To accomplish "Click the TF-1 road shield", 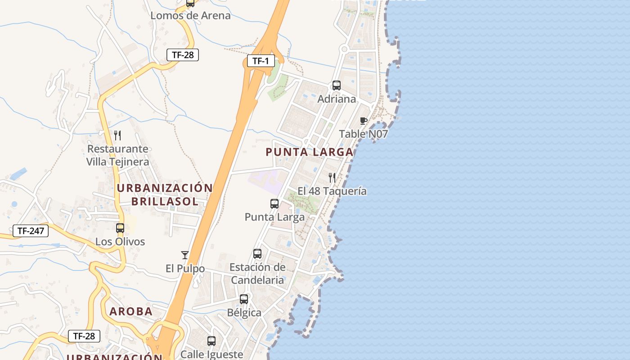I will tap(261, 61).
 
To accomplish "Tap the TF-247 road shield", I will tap(30, 231).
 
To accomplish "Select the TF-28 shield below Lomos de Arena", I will tap(183, 55).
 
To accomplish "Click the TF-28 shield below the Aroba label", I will tap(84, 336).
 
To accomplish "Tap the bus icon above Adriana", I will tap(336, 85).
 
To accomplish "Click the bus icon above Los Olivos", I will tap(120, 228).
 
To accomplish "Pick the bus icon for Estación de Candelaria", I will tap(257, 254).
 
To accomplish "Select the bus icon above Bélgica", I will tap(244, 299).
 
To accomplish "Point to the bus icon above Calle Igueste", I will tap(211, 341).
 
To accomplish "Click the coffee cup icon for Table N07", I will tap(364, 121).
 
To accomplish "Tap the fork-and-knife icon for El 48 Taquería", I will tap(332, 178).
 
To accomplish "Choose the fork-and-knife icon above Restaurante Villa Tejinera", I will tap(117, 135).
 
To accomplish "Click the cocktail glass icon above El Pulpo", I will tap(185, 255).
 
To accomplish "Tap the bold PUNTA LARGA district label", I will tap(309, 152).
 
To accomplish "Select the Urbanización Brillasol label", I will tap(165, 194).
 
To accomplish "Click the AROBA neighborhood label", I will tap(131, 311).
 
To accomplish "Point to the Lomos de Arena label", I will tap(190, 16).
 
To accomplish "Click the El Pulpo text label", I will tap(185, 269).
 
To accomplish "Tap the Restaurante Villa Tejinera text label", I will tap(117, 155).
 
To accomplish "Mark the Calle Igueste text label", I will tap(211, 354).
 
